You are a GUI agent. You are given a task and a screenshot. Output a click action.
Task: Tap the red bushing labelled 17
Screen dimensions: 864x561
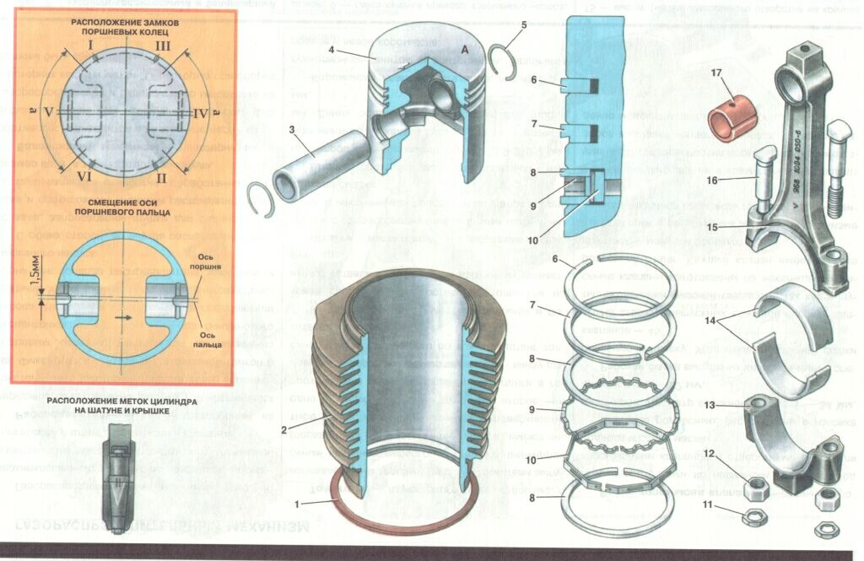(x=732, y=119)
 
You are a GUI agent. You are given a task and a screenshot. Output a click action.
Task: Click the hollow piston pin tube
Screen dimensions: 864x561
(x=304, y=164)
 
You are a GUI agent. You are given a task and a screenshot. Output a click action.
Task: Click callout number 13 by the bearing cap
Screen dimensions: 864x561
(x=710, y=407)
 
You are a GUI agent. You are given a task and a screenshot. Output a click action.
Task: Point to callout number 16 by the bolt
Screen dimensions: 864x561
(x=712, y=180)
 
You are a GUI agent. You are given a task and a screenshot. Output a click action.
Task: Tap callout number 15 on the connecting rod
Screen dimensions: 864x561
(x=712, y=226)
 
